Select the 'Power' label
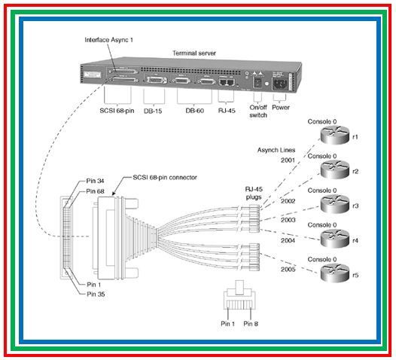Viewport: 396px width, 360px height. [280, 108]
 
